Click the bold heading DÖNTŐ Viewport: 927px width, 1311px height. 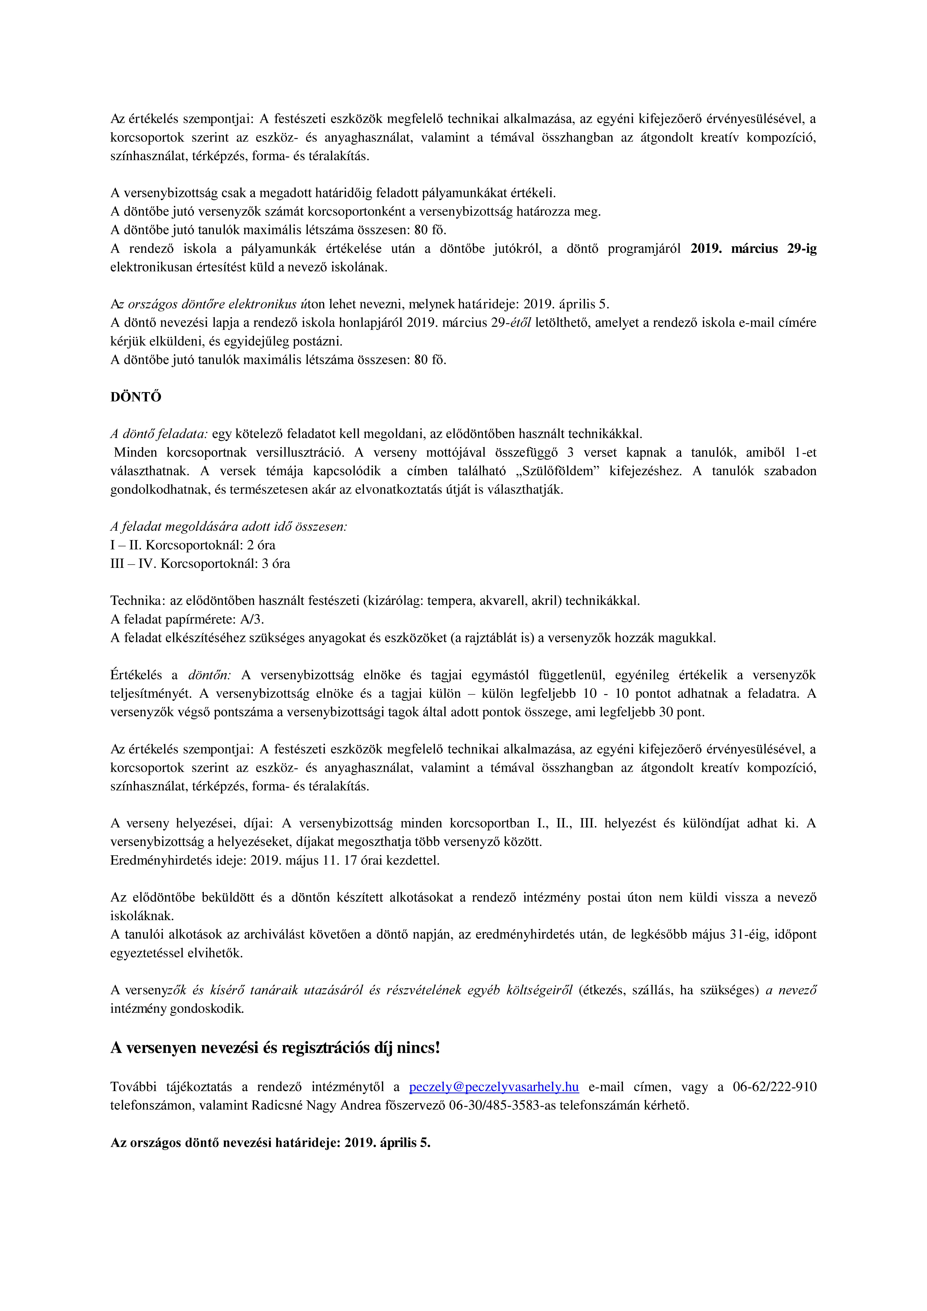136,397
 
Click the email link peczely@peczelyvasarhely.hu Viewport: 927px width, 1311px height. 494,1087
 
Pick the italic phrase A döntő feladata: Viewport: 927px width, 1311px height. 159,434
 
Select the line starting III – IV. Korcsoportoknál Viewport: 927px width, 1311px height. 200,564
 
